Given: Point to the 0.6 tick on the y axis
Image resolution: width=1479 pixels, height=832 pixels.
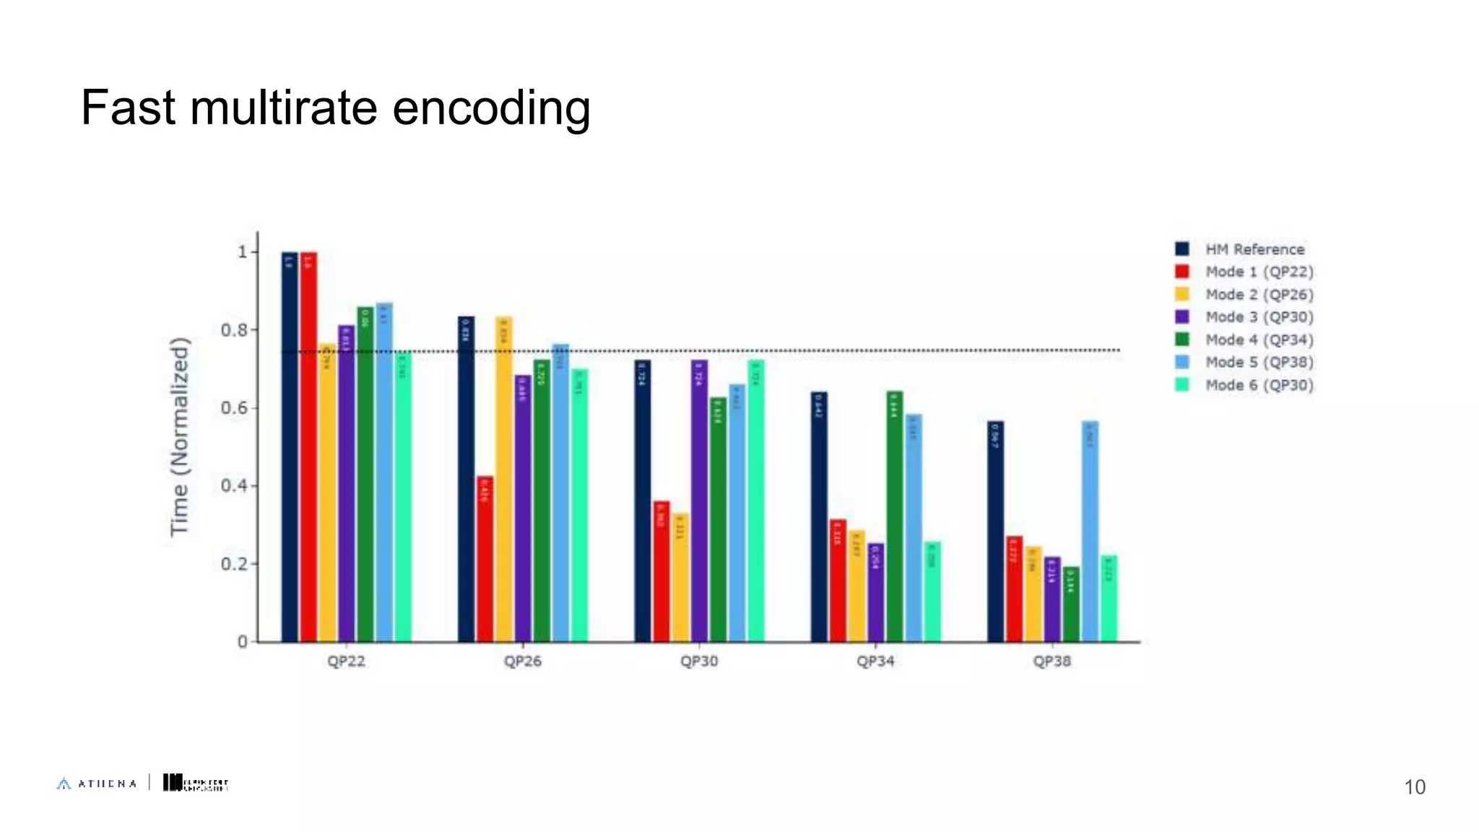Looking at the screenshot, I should tap(234, 408).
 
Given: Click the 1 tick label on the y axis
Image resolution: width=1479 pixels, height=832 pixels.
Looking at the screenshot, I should tap(243, 252).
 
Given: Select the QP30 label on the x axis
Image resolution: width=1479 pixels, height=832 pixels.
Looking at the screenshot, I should tap(699, 662).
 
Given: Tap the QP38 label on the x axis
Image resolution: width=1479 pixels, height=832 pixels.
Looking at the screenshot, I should tap(1051, 662).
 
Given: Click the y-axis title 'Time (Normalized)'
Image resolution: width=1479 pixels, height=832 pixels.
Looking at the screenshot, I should tap(179, 437).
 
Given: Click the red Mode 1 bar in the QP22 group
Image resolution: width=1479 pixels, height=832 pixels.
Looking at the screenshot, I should tap(308, 448).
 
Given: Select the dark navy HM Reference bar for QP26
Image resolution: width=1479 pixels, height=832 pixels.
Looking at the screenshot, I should tap(467, 480).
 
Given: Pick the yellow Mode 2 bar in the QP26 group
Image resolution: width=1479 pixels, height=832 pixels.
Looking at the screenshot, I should tap(503, 480).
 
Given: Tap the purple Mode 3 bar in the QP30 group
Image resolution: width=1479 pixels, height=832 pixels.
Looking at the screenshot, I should tap(699, 502).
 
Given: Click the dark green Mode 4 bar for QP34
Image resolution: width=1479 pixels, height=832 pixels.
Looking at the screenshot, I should tap(895, 516).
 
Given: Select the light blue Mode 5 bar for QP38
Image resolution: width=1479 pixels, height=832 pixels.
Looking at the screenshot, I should tap(1090, 531).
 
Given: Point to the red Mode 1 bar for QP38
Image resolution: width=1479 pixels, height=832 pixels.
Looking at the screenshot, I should tap(1015, 589).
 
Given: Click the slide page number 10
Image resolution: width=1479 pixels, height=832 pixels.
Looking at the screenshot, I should tap(1414, 787).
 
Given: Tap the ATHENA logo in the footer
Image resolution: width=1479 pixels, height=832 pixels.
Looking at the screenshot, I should tap(97, 784).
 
